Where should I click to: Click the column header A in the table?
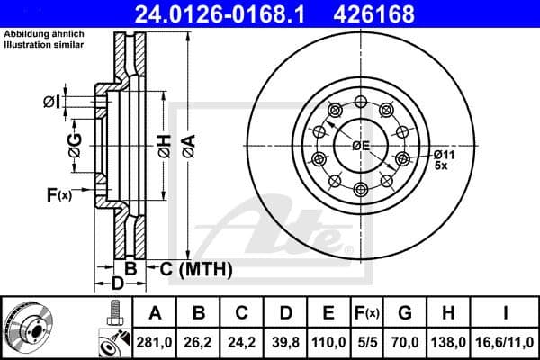[155, 314]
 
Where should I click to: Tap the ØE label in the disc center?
[361, 146]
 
